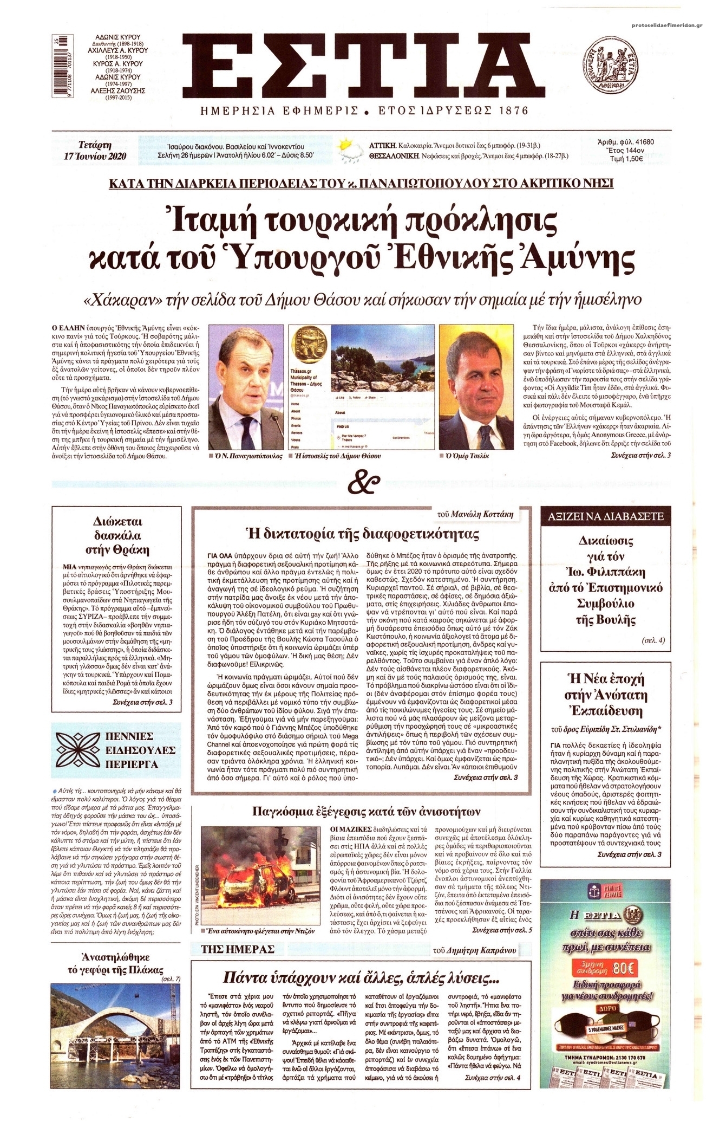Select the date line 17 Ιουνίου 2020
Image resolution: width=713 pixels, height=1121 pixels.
coord(95,156)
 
